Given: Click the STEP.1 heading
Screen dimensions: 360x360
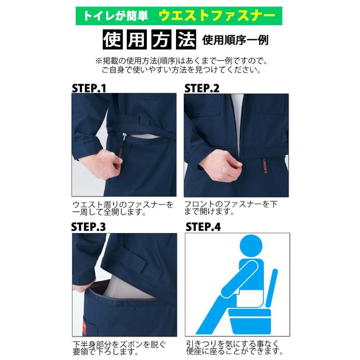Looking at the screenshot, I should coord(89,88).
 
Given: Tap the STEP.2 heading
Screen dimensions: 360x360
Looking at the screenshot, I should coord(202,88).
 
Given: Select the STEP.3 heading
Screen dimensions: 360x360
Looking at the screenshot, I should coord(88,227).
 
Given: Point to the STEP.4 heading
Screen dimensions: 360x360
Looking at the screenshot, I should coord(203,227).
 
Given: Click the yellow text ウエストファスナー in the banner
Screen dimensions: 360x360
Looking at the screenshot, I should coord(217,16).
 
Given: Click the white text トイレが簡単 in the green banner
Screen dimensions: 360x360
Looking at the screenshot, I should coord(116,16).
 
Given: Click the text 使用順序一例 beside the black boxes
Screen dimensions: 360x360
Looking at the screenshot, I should coord(235,40).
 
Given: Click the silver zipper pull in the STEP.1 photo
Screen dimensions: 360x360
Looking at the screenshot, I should coord(124,138).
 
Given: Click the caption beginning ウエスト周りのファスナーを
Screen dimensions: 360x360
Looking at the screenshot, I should coord(123,208).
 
